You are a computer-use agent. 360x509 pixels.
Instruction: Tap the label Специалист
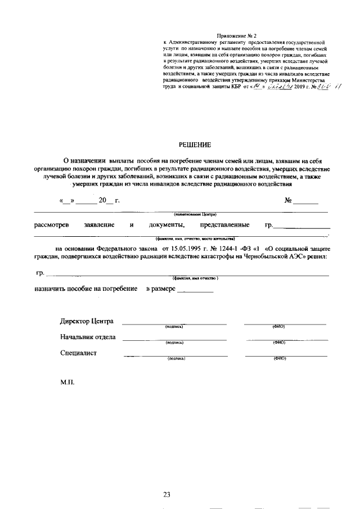(x=78, y=353)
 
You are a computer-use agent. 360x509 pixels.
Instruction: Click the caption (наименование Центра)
(x=195, y=214)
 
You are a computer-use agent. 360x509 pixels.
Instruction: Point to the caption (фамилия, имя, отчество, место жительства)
(x=195, y=238)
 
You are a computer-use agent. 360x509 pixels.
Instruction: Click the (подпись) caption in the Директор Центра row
(x=174, y=327)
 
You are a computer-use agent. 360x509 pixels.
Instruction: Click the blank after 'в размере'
(x=195, y=289)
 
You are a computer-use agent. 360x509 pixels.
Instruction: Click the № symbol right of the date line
(x=289, y=200)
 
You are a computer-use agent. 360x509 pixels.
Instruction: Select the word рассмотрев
(x=51, y=225)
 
